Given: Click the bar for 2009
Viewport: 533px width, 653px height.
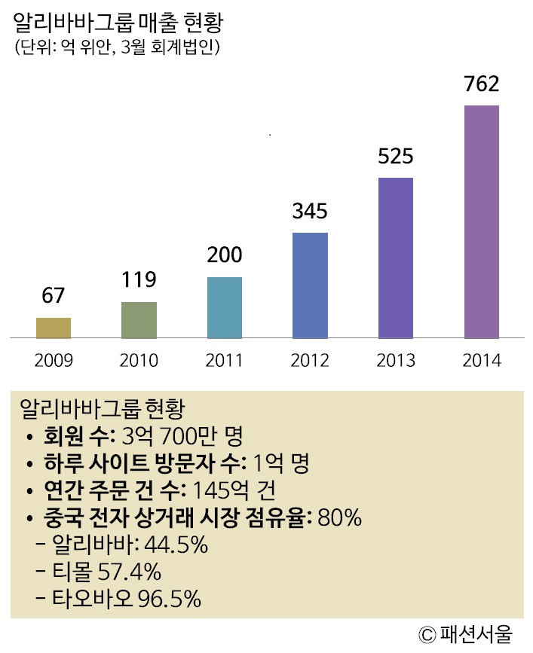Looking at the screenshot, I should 54,328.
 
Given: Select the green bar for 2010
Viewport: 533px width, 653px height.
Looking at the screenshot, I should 139,320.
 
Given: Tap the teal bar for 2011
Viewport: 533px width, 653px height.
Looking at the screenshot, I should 225,308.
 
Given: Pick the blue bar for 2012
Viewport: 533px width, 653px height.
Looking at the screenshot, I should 310,285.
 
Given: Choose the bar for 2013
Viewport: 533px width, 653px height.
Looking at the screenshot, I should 396,258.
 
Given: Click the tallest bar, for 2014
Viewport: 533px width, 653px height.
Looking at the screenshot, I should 482,221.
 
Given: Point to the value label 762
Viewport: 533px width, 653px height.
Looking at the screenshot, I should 482,84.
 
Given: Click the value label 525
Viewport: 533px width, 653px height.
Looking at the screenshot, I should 396,157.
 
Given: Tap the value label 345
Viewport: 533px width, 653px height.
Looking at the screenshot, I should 310,211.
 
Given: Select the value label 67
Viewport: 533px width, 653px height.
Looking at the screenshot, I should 54,296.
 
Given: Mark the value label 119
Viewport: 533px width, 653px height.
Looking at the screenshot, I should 139,280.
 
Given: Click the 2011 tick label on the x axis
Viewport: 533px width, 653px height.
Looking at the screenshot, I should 225,360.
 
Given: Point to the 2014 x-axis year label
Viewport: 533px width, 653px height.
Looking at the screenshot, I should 482,360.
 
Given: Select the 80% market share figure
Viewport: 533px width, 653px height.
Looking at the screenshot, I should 342,518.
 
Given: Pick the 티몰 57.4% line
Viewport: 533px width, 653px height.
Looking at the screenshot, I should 107,572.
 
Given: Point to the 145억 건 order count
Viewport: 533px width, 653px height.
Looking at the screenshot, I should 234,490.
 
